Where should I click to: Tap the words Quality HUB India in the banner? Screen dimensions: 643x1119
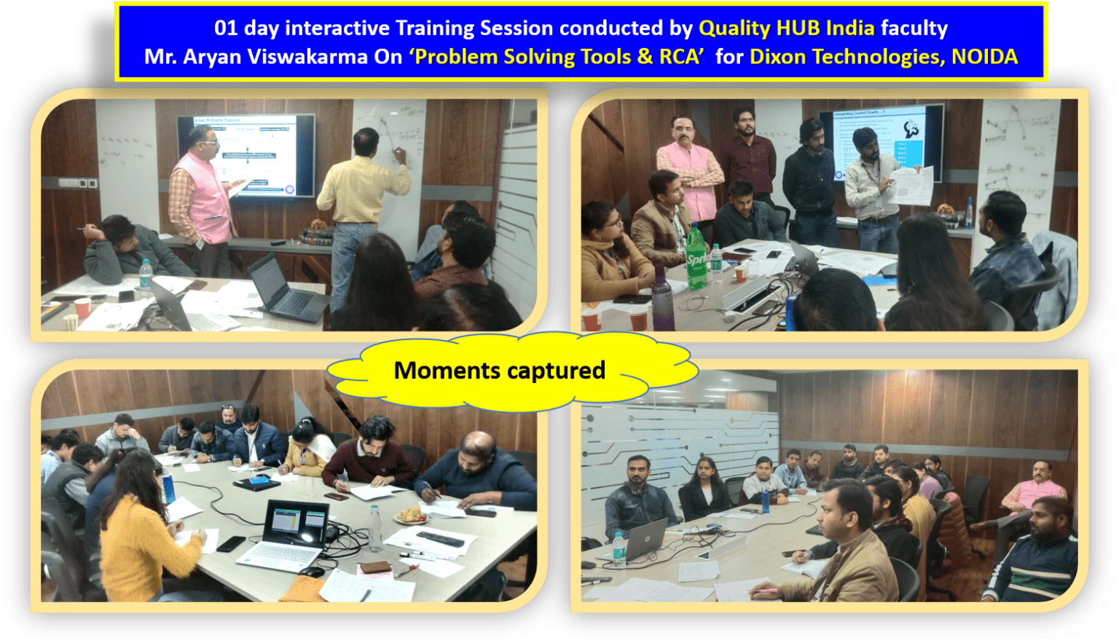click(786, 28)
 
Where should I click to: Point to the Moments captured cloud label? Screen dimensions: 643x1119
click(500, 371)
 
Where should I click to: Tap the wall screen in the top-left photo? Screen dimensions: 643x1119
click(246, 154)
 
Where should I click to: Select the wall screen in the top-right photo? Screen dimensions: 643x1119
click(882, 143)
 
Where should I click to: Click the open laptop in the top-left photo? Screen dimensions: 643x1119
click(283, 288)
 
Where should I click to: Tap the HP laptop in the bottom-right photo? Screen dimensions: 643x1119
click(645, 539)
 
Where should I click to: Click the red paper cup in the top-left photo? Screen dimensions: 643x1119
click(82, 307)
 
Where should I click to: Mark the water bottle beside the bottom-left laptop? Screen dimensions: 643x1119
click(374, 528)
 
